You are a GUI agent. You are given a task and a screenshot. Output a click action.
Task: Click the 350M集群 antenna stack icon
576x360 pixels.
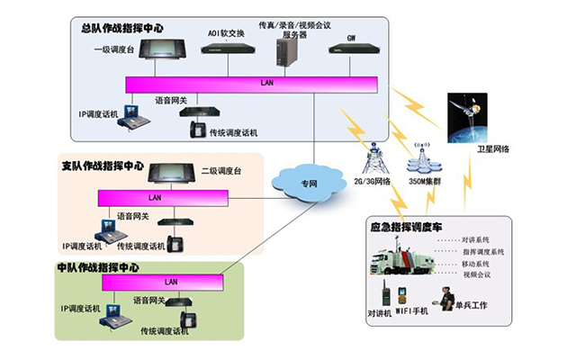[x=421, y=159]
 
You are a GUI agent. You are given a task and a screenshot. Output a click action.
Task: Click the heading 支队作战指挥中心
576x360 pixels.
[x=102, y=166]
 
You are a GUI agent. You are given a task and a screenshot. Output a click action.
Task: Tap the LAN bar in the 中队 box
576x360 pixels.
[x=166, y=283]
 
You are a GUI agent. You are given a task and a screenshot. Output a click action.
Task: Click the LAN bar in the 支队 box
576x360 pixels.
[x=155, y=197]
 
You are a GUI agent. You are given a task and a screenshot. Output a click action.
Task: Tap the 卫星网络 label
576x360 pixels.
[x=493, y=149]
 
